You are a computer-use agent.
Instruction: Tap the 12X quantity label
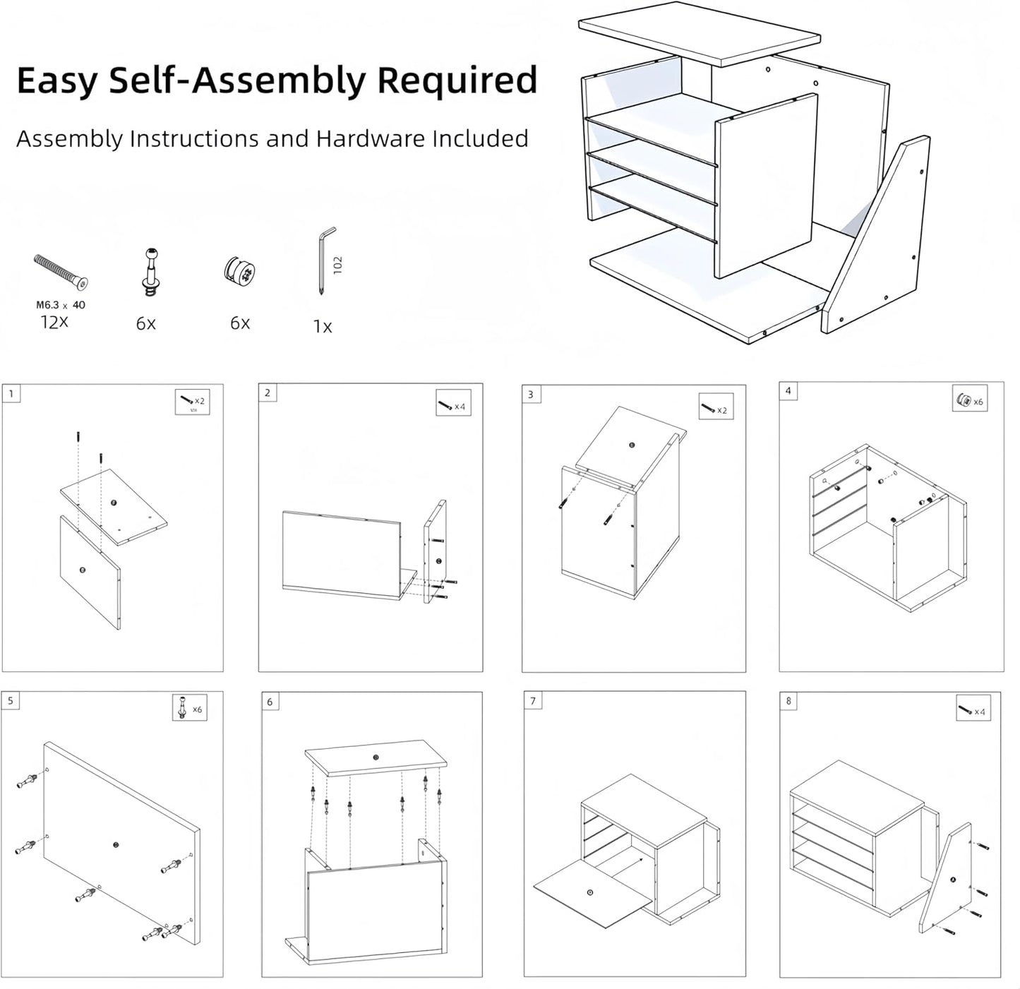[x=54, y=322]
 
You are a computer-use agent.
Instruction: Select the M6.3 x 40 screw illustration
[x=61, y=272]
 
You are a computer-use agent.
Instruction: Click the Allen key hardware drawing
[x=325, y=260]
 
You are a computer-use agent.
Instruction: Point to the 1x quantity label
[x=323, y=327]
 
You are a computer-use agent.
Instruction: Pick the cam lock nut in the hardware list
[x=239, y=272]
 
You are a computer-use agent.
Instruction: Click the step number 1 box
[x=11, y=393]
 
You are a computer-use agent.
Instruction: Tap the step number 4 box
[x=788, y=391]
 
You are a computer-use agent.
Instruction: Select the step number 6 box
[x=270, y=701]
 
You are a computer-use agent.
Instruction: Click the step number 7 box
[x=533, y=701]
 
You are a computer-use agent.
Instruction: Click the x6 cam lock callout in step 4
[x=970, y=400]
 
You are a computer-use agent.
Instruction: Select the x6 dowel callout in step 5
[x=190, y=707]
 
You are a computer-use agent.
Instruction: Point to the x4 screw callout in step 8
[x=973, y=711]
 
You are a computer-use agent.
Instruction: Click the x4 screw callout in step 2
[x=453, y=405]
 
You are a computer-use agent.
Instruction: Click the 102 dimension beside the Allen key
[x=338, y=265]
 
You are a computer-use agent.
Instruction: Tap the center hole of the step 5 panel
[x=116, y=844]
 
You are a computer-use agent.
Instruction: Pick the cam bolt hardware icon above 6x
[x=150, y=272]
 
